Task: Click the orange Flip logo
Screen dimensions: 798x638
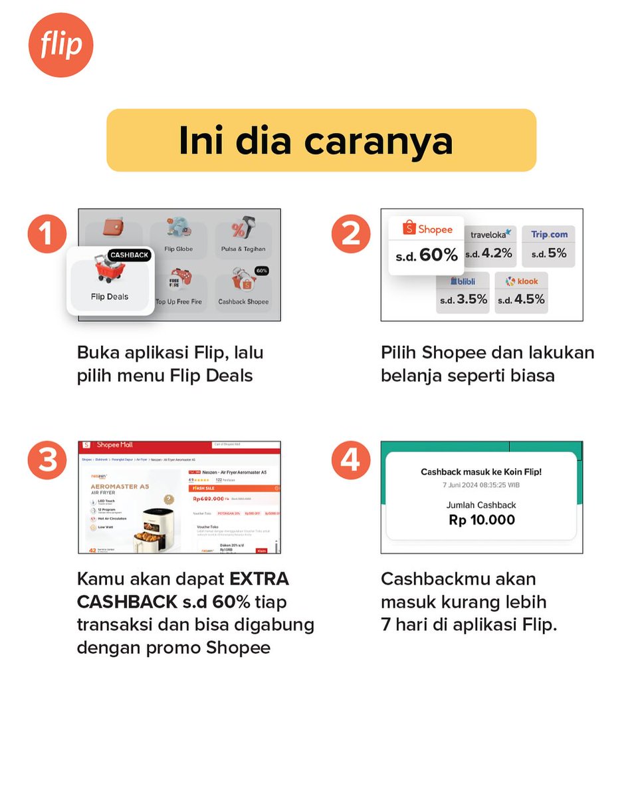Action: (x=60, y=45)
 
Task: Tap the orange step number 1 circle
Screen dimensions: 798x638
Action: (x=47, y=234)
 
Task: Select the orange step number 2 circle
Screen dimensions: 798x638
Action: (x=351, y=234)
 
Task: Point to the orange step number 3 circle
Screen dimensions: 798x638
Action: (x=47, y=460)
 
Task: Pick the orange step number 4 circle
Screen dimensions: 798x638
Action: (x=351, y=460)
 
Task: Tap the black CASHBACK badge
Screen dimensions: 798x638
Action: (x=129, y=255)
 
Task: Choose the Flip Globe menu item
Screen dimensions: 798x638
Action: (x=178, y=236)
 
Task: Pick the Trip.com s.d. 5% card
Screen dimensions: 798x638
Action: (x=548, y=245)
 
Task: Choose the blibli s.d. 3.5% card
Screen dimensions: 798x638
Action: (x=463, y=291)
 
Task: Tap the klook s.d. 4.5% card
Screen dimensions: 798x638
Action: (x=521, y=291)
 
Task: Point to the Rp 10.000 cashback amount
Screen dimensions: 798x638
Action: (x=482, y=520)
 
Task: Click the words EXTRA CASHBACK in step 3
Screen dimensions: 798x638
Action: (x=183, y=590)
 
